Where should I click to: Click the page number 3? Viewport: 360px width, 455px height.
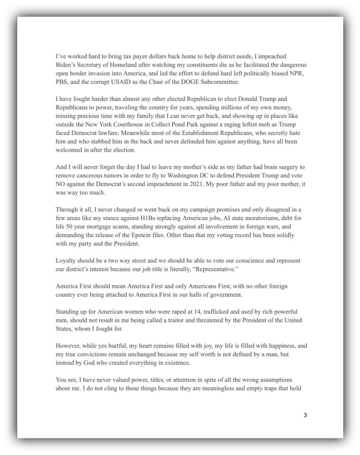(305, 415)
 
